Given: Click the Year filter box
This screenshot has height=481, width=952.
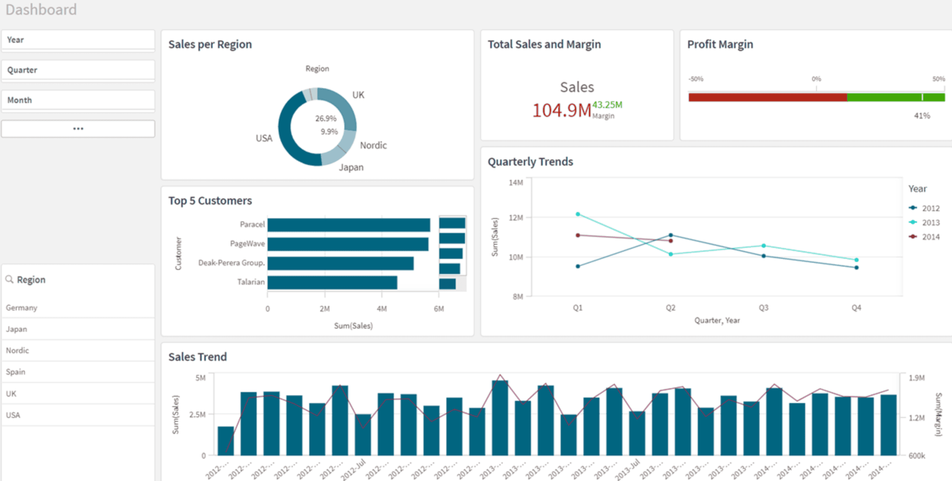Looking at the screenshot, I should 78,40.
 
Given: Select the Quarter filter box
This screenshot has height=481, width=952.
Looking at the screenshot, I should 78,70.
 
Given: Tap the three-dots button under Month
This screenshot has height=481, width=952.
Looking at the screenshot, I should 78,129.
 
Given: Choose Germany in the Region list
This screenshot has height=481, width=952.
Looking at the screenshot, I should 22,308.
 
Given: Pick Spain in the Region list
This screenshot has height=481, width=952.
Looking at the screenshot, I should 16,372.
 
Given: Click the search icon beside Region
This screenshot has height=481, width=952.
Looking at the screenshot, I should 9,279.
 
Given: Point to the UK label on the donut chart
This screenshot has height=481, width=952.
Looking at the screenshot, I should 358,95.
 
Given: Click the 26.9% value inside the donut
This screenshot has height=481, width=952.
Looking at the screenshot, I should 326,118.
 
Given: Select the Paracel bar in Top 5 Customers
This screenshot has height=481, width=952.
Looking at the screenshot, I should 349,225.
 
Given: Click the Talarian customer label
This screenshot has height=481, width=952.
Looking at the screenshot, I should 251,282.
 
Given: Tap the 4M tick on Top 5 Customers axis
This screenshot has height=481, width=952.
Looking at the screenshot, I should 382,309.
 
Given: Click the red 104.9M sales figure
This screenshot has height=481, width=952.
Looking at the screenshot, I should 561,110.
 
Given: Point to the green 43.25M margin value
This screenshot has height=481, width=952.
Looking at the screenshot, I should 607,105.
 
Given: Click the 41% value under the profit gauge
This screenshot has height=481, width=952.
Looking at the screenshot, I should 921,116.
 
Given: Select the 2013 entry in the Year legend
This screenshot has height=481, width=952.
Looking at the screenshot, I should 930,222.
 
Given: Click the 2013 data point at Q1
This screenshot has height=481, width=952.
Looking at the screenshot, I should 578,214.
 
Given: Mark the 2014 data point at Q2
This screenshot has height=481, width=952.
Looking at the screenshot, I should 671,241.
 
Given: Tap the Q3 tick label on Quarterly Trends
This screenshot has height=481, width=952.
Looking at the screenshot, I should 763,308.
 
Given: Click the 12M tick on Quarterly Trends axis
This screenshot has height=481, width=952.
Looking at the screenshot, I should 516,218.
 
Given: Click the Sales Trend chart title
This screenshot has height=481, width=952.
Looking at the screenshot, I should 197,357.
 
